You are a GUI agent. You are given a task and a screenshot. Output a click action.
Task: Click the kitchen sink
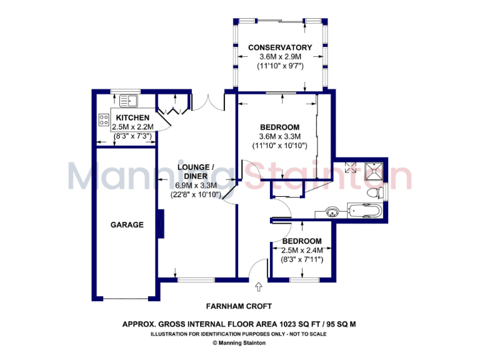click(129, 101)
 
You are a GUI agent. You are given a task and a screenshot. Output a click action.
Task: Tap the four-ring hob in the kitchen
click(103, 119)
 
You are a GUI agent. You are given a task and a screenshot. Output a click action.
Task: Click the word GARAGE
click(127, 225)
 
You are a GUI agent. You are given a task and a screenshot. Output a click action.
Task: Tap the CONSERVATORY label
click(279, 47)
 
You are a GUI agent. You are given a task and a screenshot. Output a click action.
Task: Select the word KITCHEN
click(132, 117)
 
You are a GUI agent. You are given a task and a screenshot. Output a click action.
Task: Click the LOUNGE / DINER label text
click(196, 171)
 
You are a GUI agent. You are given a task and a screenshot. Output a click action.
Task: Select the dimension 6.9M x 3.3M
click(196, 185)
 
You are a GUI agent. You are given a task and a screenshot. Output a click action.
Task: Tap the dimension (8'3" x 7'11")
click(301, 259)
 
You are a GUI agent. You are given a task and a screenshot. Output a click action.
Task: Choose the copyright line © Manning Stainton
click(240, 343)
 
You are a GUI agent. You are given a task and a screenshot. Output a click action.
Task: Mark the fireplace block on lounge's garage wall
click(161, 224)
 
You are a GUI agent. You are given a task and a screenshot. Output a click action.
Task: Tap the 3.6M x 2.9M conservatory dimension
click(279, 57)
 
